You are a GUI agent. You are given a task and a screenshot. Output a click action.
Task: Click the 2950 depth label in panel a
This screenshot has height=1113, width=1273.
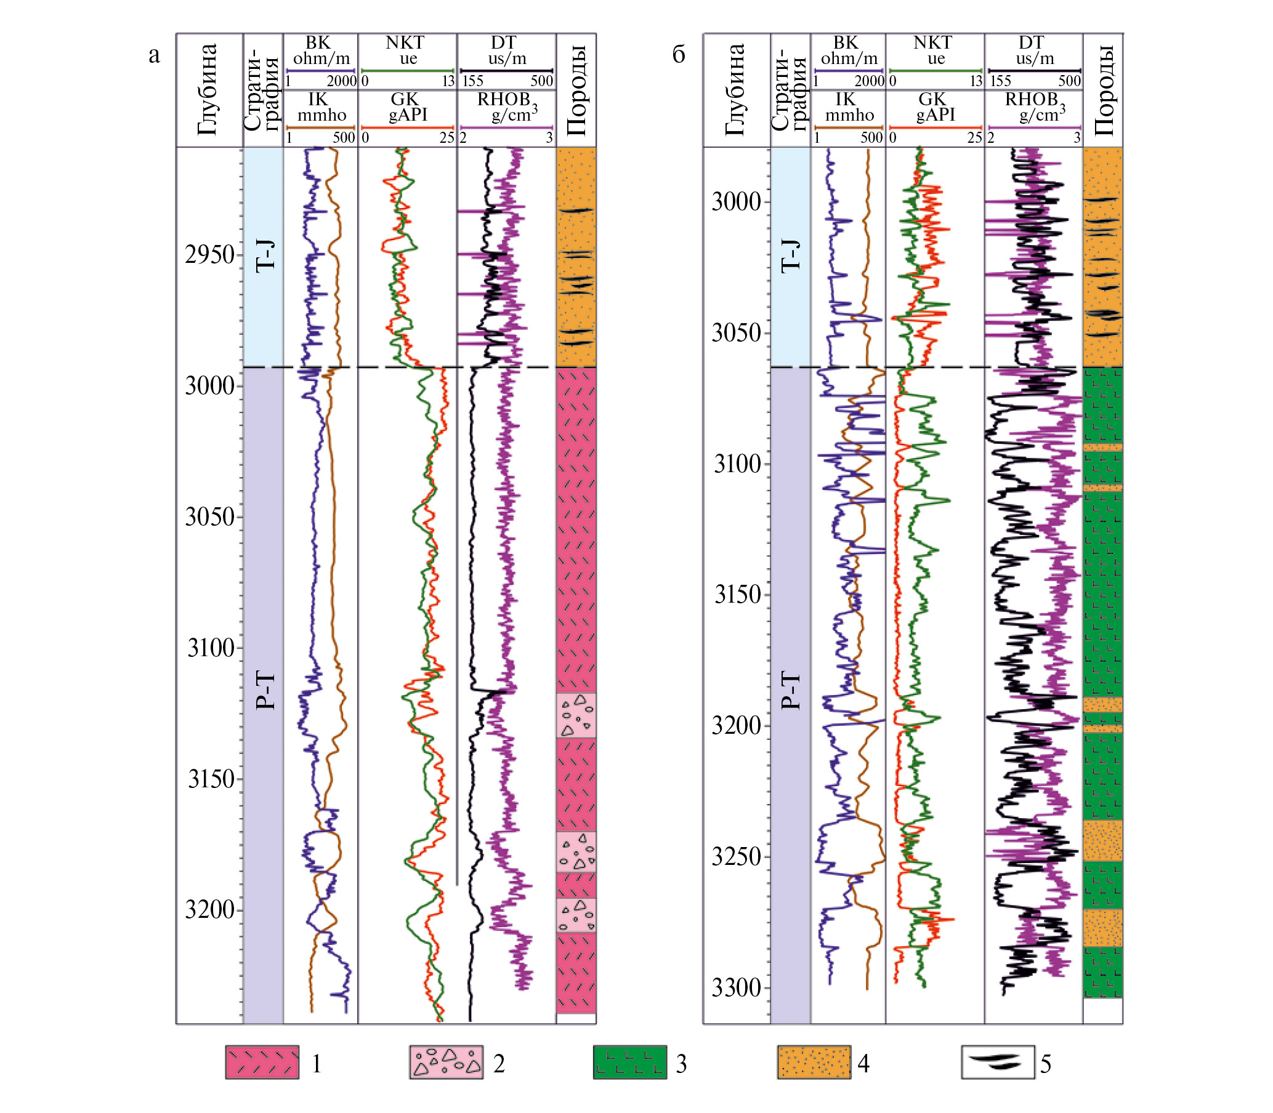210,255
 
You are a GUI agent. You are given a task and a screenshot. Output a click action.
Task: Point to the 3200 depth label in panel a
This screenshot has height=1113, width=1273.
210,910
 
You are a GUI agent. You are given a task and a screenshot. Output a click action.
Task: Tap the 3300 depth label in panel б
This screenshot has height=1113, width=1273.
737,987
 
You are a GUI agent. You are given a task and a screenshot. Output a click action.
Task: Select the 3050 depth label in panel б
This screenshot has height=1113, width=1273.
737,332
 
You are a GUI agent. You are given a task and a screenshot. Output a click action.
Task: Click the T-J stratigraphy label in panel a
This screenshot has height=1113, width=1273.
265,255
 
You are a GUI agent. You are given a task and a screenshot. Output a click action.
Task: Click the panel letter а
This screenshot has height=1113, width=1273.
154,55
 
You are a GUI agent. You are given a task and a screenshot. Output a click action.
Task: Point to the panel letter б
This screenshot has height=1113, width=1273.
679,55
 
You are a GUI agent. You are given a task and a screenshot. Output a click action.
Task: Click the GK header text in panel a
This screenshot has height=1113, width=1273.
405,99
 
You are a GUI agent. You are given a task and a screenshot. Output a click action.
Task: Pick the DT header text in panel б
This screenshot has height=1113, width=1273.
1032,43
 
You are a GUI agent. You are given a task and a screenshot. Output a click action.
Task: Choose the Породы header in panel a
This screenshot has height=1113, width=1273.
576,90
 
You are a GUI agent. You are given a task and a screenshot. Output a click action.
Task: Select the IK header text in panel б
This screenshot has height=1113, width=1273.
846,99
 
